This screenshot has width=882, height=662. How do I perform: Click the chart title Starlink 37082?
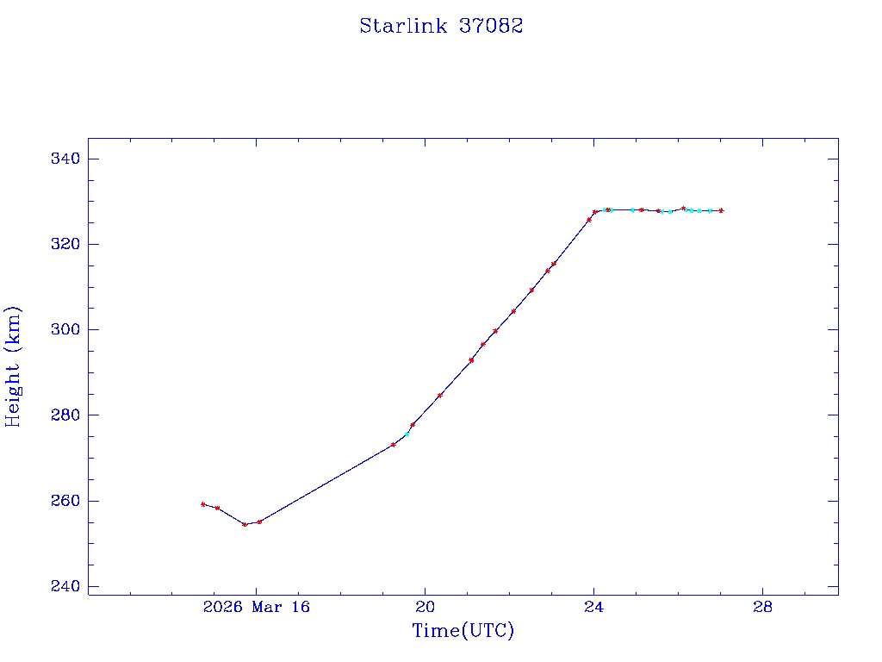[x=441, y=26]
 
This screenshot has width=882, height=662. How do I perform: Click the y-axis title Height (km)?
[x=13, y=366]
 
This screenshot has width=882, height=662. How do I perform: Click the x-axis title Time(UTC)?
[x=463, y=631]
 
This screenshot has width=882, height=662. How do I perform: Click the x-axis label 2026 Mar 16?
[x=256, y=607]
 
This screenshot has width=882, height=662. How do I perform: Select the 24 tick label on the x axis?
[x=593, y=607]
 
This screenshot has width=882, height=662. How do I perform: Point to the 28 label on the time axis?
[x=762, y=607]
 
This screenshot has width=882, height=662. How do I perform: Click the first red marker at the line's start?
[x=202, y=504]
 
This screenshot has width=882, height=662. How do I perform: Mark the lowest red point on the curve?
[x=245, y=524]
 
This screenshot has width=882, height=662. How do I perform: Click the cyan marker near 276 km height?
[x=407, y=434]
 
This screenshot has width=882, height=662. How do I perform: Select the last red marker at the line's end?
[x=721, y=210]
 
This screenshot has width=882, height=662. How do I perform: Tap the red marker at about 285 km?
[x=440, y=396]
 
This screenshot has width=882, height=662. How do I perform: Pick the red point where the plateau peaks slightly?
[x=683, y=208]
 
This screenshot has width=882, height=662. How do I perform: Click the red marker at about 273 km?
[x=393, y=445]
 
